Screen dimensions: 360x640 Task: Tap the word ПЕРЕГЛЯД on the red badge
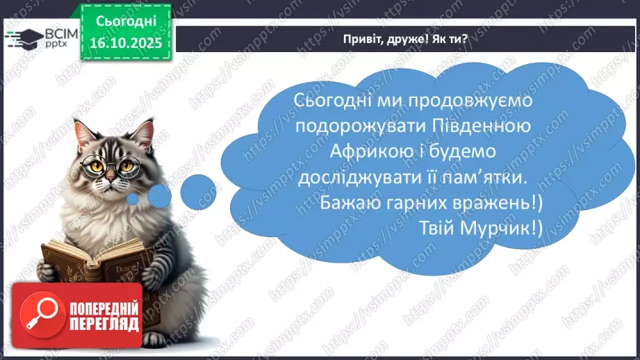tap(104, 323)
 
